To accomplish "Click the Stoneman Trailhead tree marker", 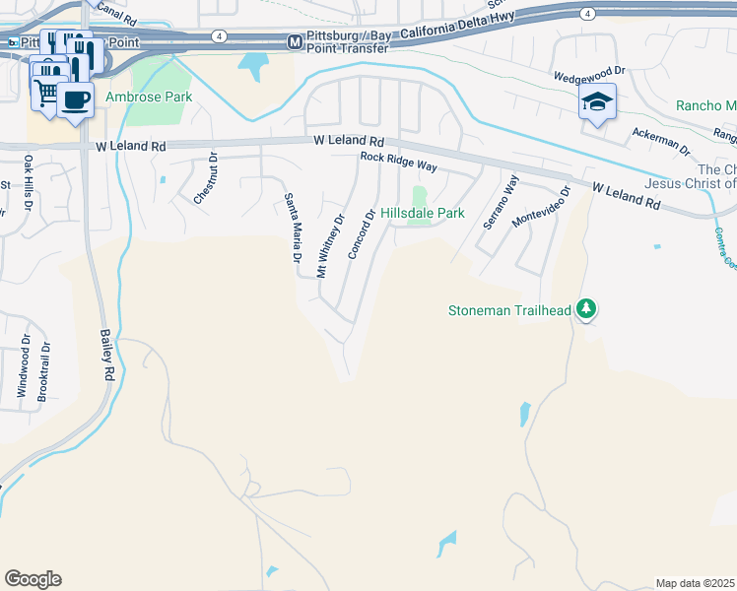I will (x=587, y=309).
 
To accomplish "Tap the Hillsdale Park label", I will (x=422, y=213).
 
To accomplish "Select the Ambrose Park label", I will (x=149, y=97).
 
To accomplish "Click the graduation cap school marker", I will (x=597, y=102).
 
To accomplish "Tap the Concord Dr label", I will (x=362, y=233).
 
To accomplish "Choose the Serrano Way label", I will (x=500, y=202).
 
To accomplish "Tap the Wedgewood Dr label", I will (x=589, y=72).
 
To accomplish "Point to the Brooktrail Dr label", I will (x=42, y=371).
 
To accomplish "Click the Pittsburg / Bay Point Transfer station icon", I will (x=294, y=42).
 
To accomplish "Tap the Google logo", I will (x=33, y=579).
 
